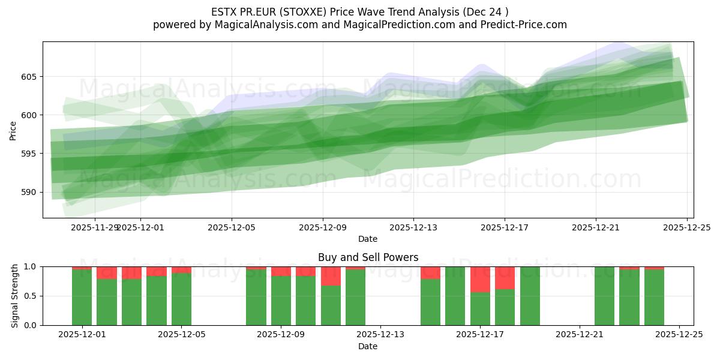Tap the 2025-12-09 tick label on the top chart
[323, 227]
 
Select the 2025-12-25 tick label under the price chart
[686, 227]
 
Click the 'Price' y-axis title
[13, 130]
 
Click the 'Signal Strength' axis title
[15, 296]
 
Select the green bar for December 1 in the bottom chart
[82, 298]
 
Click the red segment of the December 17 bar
[480, 279]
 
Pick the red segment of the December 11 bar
[331, 276]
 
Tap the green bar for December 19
[530, 296]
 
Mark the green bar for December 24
[654, 298]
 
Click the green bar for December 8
[256, 298]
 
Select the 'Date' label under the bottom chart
[368, 346]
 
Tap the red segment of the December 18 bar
[505, 278]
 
